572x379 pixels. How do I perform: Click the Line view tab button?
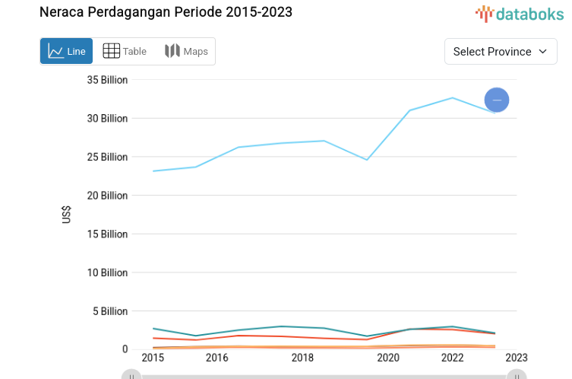(x=67, y=51)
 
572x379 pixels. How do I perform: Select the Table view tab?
(x=125, y=51)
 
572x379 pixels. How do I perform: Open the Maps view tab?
(x=186, y=51)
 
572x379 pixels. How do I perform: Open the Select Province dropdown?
(x=501, y=51)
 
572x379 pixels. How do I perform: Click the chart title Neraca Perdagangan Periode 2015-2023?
(x=166, y=12)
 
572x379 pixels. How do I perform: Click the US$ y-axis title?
(x=67, y=215)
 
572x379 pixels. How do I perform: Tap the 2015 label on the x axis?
(x=153, y=358)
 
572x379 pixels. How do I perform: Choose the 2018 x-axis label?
(x=302, y=358)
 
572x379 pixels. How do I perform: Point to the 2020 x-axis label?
(x=388, y=358)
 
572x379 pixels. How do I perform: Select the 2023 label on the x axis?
(x=517, y=358)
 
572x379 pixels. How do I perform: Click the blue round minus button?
(x=497, y=100)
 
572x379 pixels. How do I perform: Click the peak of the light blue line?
(x=453, y=97)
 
